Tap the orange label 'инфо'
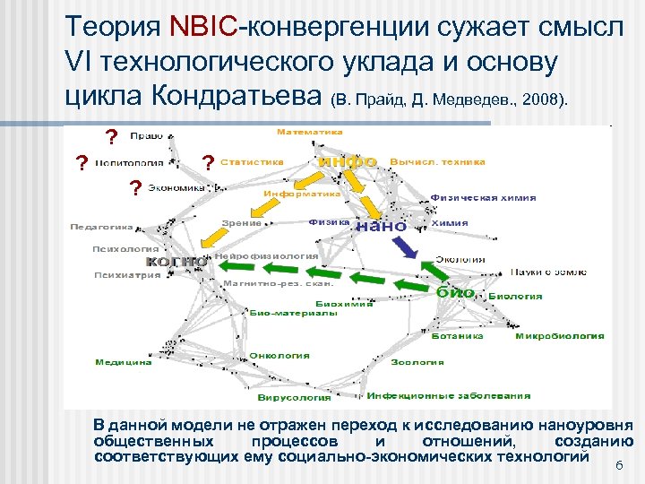pyautogui.click(x=347, y=161)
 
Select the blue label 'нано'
pyautogui.click(x=381, y=226)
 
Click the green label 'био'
pyautogui.click(x=455, y=292)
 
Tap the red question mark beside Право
pyautogui.click(x=111, y=137)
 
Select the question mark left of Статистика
pyautogui.click(x=208, y=162)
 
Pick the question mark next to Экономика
pyautogui.click(x=134, y=187)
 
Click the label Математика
pyautogui.click(x=309, y=132)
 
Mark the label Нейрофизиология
pyautogui.click(x=267, y=255)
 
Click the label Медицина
pyautogui.click(x=124, y=362)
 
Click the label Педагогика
pyautogui.click(x=102, y=227)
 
